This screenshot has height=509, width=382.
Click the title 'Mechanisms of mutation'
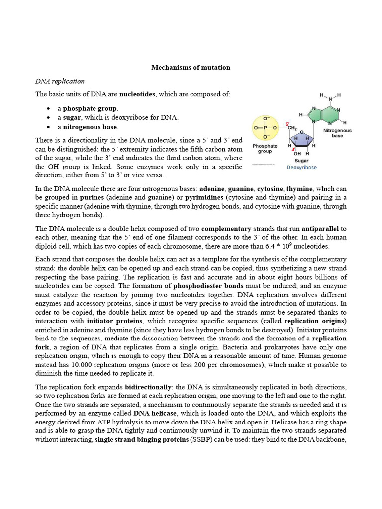[191, 67]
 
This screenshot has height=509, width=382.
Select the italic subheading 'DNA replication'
[60, 81]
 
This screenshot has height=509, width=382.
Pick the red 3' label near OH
[294, 149]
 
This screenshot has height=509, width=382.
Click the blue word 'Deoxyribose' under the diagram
[302, 168]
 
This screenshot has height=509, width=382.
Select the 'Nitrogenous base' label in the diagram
[337, 133]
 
